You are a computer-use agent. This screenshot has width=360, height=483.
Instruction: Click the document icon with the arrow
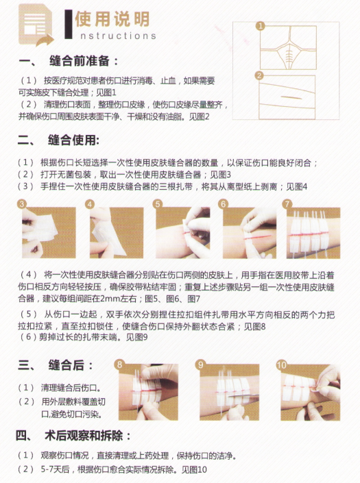click(x=35, y=25)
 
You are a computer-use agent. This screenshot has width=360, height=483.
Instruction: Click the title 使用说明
click(x=112, y=18)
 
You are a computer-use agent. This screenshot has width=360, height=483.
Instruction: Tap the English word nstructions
click(x=118, y=36)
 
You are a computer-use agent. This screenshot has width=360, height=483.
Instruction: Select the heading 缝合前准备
click(x=80, y=61)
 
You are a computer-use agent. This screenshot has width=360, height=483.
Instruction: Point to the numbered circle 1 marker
click(x=261, y=26)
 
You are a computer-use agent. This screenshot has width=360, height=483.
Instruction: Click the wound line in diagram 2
click(x=291, y=98)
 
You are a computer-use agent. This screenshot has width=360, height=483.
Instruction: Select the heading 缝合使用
click(x=73, y=140)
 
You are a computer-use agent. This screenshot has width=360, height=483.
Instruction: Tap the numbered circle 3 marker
click(x=22, y=204)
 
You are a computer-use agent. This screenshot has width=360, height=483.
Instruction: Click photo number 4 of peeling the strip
click(x=117, y=232)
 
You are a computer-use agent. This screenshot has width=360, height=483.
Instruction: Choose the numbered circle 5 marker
click(x=158, y=204)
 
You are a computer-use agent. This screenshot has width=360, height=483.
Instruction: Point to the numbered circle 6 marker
click(x=223, y=204)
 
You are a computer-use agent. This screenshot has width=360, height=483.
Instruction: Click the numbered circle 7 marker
click(x=287, y=204)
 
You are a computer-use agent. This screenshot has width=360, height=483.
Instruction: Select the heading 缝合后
click(x=67, y=365)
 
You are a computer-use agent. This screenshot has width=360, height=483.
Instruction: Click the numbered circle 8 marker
click(x=119, y=364)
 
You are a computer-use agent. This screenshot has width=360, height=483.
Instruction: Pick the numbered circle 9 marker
click(x=200, y=364)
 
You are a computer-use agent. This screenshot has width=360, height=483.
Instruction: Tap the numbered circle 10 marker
click(x=281, y=365)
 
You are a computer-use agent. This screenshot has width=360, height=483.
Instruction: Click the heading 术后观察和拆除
click(x=84, y=436)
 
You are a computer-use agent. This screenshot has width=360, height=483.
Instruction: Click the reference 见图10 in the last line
click(x=194, y=469)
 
